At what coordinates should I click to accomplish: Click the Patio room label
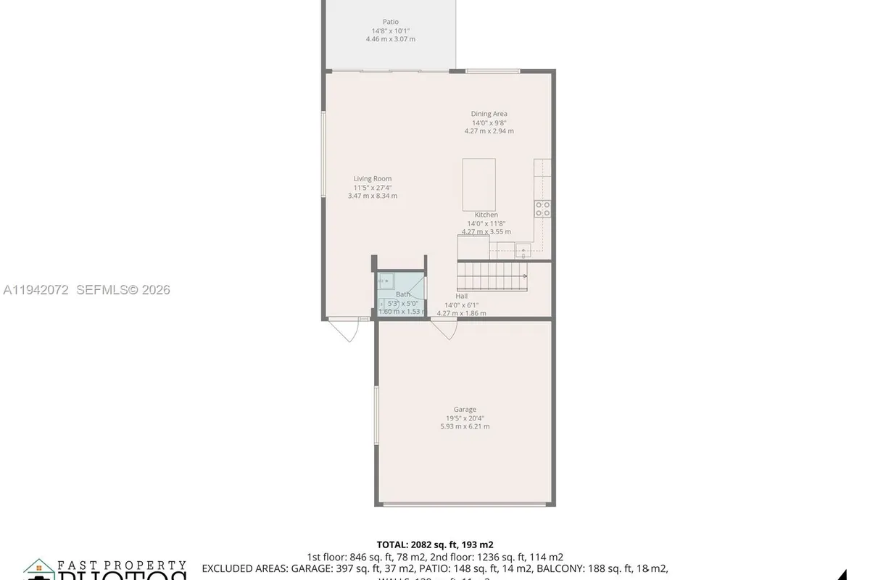click(x=390, y=22)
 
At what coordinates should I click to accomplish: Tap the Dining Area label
click(x=489, y=114)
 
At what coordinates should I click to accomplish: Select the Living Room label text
click(x=372, y=179)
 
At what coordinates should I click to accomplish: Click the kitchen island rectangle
click(x=478, y=184)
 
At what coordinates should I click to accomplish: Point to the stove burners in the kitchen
click(x=542, y=209)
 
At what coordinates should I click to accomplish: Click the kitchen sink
click(x=523, y=252)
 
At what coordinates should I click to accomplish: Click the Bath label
click(x=402, y=294)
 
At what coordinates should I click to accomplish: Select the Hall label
click(x=461, y=297)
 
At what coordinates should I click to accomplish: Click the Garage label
click(x=465, y=410)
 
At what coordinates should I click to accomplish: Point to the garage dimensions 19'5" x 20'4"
click(x=465, y=418)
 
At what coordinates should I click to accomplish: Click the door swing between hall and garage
click(x=445, y=330)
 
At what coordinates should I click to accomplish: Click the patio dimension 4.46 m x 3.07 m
click(x=390, y=39)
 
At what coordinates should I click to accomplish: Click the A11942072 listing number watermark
click(x=36, y=290)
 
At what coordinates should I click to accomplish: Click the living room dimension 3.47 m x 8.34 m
click(x=372, y=196)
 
